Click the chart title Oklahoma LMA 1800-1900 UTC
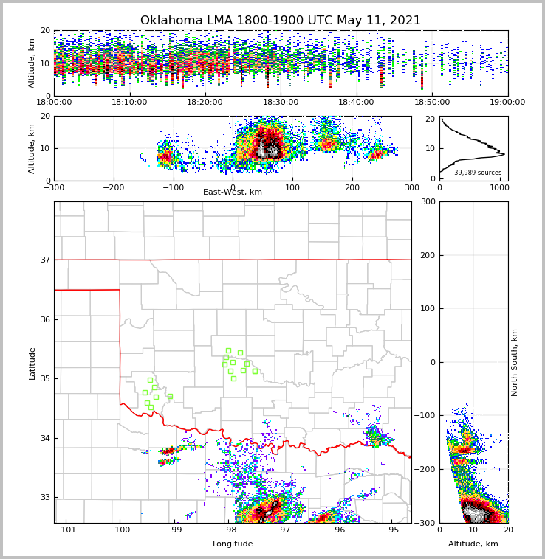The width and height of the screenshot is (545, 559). (x=280, y=21)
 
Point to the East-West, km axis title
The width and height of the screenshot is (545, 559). (x=233, y=192)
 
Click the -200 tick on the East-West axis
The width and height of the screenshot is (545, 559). (x=113, y=187)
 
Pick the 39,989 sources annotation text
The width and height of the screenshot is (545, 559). (x=478, y=173)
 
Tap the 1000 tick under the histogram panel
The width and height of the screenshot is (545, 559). (x=499, y=187)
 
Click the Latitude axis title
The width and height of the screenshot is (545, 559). (x=32, y=363)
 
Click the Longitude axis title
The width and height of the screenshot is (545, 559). (x=233, y=544)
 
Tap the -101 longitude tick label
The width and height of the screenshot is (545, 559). (x=66, y=530)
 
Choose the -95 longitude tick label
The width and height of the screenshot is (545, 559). (x=391, y=530)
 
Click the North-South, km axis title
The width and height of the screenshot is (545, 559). (x=515, y=362)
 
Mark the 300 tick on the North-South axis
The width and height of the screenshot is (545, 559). (x=426, y=202)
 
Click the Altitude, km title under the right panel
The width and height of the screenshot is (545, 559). (x=473, y=544)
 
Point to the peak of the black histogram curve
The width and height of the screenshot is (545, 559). (x=504, y=154)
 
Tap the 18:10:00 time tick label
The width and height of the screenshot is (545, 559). (x=130, y=103)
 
